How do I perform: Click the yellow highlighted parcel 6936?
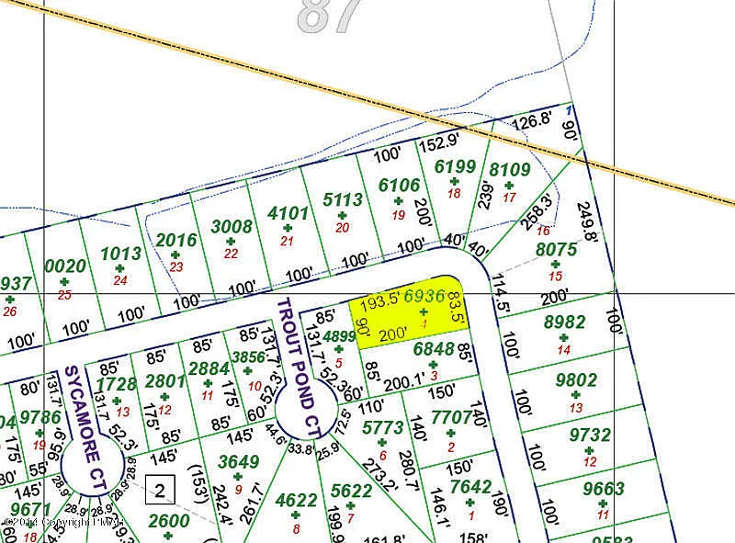(409, 313)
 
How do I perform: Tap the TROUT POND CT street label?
(299, 367)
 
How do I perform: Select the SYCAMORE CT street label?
(97, 440)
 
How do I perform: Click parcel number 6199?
(455, 166)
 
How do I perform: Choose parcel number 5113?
(344, 199)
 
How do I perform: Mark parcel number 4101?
(287, 212)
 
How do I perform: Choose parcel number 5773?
(382, 426)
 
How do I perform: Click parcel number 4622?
(296, 501)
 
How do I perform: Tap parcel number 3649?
(237, 463)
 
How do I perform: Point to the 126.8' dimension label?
(531, 120)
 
